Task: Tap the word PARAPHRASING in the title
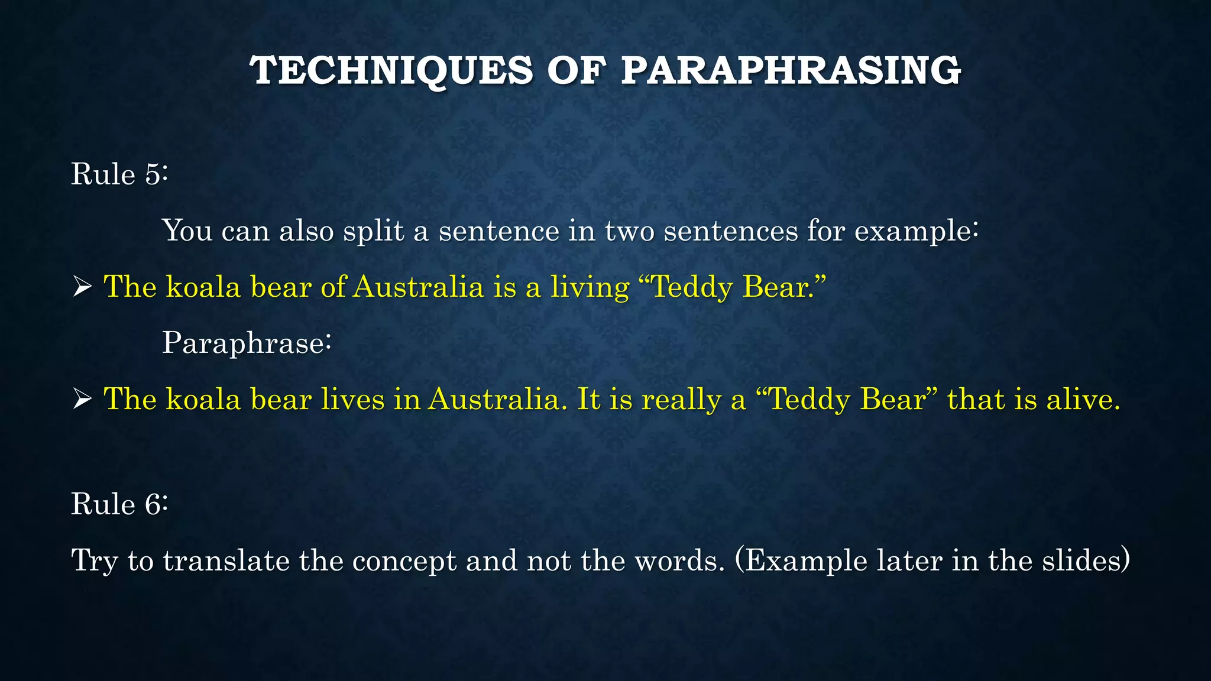791,70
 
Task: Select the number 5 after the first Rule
153,174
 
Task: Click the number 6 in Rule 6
153,504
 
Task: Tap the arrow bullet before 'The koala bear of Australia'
82,288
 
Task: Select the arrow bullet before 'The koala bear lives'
82,400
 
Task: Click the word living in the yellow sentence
590,288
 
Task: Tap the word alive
1082,399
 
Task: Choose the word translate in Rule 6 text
226,560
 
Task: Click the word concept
404,562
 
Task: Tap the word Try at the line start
95,562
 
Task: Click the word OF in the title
577,70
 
